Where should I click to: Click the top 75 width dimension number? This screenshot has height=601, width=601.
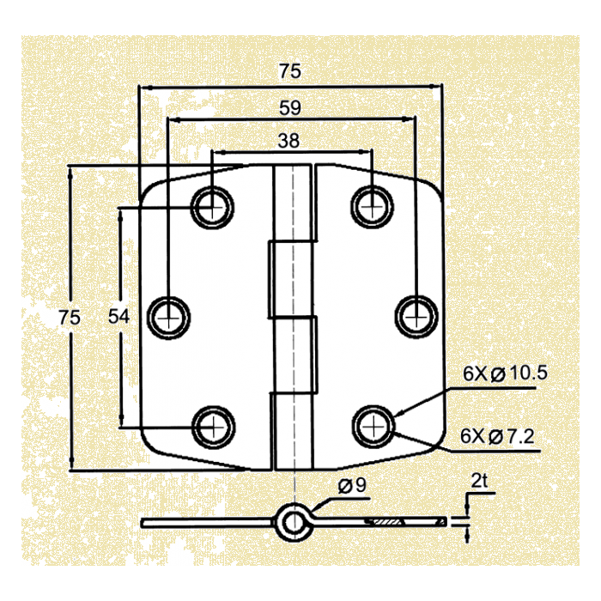(290, 71)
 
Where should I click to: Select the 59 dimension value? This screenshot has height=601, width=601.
(290, 108)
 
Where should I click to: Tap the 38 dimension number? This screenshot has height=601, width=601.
(288, 141)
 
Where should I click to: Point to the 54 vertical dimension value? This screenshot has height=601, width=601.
(118, 317)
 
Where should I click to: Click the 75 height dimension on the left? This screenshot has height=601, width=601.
(70, 318)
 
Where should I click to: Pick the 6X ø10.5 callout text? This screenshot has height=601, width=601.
(505, 373)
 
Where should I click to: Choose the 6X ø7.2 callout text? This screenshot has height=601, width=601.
(497, 436)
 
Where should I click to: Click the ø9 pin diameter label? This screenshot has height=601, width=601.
(352, 486)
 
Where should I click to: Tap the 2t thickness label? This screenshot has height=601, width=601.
(479, 481)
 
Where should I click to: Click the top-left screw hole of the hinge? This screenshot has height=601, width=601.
(212, 208)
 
